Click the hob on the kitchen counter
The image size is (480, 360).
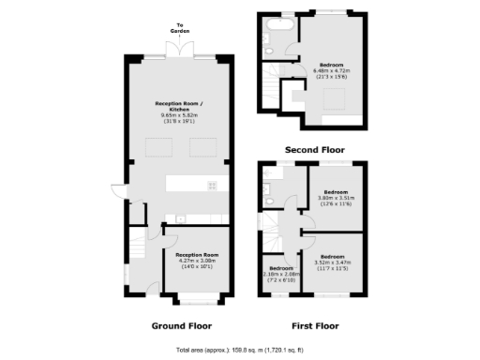tap(212, 185)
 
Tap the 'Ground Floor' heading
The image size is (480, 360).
tap(181, 326)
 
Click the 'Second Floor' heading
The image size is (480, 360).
tap(315, 150)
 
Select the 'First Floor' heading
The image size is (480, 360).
tap(315, 326)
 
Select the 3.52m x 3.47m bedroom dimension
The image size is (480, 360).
tap(332, 264)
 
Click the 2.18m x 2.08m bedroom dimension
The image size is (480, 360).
tap(279, 277)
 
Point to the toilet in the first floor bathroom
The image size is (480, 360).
tap(269, 198)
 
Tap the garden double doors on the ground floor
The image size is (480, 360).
tap(181, 49)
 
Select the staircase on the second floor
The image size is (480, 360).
tap(271, 88)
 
